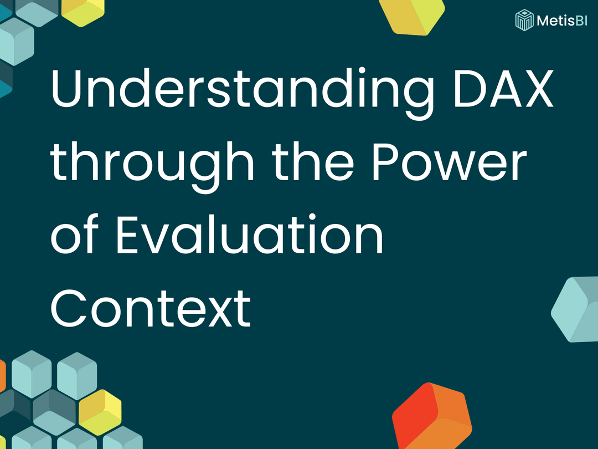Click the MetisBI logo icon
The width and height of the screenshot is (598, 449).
523,20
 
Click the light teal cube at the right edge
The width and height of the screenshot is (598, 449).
576,309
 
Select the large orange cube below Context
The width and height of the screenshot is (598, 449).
432,416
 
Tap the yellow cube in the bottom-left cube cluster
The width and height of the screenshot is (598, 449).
100,412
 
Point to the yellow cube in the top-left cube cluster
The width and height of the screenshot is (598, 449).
83,11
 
